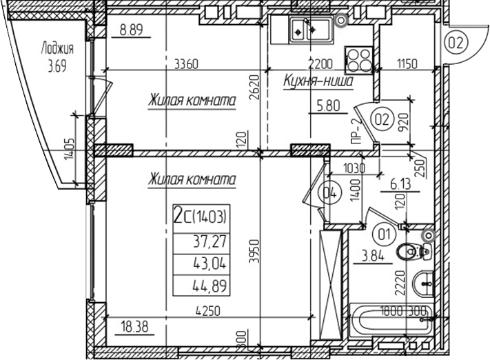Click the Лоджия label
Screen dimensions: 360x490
[57, 49]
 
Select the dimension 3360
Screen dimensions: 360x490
[186, 65]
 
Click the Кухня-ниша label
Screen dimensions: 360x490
[318, 83]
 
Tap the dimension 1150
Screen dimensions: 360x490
[408, 65]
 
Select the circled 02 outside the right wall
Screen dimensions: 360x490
[456, 43]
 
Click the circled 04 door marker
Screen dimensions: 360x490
[329, 194]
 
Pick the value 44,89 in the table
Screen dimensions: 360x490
[210, 286]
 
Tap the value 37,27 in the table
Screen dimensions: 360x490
[210, 241]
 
